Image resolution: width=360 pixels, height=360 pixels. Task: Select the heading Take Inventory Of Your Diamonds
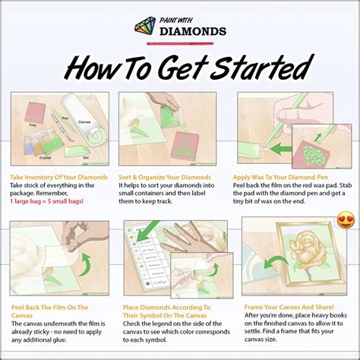pos(58,176)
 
